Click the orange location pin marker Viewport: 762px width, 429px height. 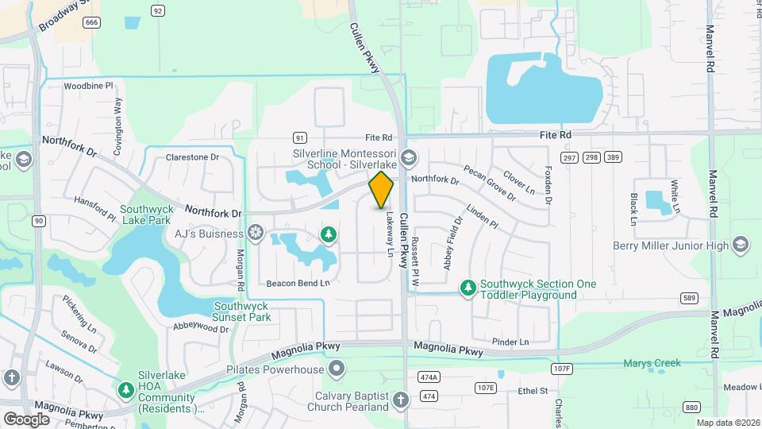point(381,190)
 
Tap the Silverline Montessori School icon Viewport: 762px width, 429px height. point(409,157)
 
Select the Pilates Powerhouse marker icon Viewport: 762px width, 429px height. point(337,369)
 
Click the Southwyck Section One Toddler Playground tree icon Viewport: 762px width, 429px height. point(469,286)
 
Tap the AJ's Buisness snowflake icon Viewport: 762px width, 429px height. point(256,233)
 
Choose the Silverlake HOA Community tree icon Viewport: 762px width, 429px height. point(125,389)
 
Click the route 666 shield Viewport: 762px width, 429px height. point(92,22)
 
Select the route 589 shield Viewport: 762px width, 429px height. point(689,297)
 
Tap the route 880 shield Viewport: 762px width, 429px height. point(691,407)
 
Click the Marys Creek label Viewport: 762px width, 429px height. point(652,364)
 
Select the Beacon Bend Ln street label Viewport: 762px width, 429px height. point(297,283)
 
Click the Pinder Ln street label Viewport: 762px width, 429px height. point(510,342)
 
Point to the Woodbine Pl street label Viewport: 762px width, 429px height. point(89,86)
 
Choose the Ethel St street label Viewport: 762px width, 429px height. point(533,391)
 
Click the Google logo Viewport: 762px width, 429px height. point(27,419)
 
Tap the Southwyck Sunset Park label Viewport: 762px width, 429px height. point(241,311)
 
